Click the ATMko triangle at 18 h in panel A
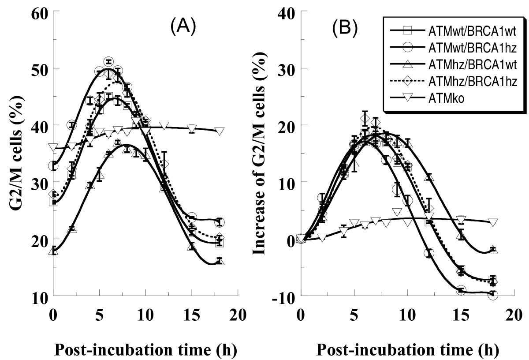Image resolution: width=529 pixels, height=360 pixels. (x=220, y=131)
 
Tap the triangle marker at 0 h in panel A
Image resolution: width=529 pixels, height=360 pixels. (x=53, y=251)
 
